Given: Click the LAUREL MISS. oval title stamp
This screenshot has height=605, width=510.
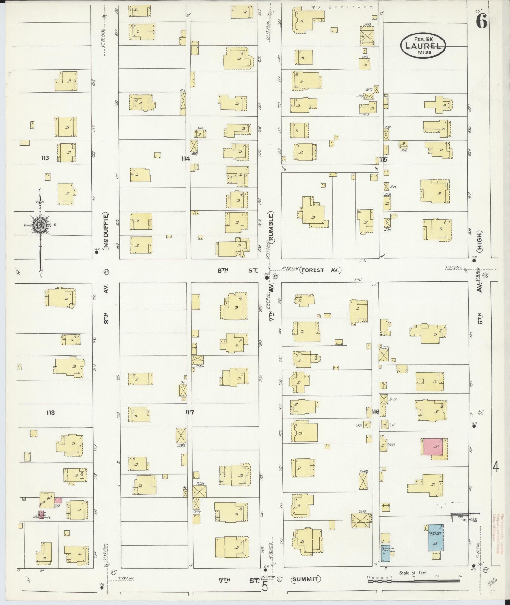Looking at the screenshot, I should tap(423, 45).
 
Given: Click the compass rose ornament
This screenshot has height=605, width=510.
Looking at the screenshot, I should tap(40, 225).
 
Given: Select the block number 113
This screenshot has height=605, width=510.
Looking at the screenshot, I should tap(45, 157).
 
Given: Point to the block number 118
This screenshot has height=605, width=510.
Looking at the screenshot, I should tap(50, 412).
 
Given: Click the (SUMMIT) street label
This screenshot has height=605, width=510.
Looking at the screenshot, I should tap(306, 579).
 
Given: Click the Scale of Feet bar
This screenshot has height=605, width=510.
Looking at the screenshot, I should tap(414, 581).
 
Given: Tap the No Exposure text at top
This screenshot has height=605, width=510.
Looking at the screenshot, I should tap(342, 7).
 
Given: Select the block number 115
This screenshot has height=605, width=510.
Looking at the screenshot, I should tap(384, 160).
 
